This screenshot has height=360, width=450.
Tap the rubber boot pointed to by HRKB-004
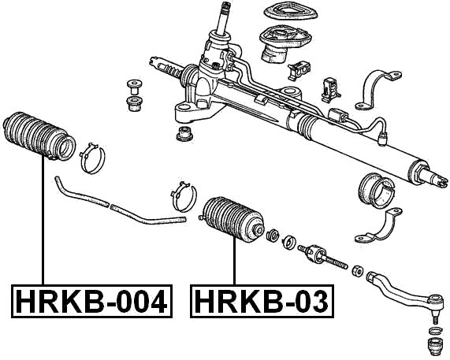click(39, 136)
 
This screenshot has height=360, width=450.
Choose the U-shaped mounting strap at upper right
click(378, 89)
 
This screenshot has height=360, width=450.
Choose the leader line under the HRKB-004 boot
click(39, 221)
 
